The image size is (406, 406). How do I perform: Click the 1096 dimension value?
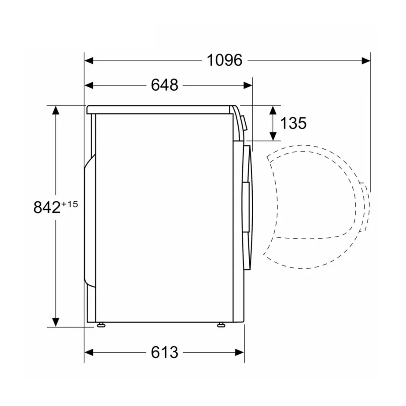click(x=225, y=60)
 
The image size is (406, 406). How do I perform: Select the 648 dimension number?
click(x=165, y=85)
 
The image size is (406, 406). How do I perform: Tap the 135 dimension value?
click(x=293, y=123)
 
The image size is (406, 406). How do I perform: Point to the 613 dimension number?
click(x=165, y=352)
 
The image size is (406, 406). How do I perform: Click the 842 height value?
click(x=47, y=207)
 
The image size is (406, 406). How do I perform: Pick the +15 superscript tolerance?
click(x=70, y=204)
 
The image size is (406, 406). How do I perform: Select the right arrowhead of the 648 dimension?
click(x=248, y=85)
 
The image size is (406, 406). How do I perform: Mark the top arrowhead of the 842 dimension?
click(x=55, y=110)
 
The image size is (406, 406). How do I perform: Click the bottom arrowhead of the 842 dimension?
click(x=55, y=322)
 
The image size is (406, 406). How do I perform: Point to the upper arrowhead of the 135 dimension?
click(x=273, y=110)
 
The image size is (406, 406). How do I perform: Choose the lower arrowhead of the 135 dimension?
click(x=273, y=136)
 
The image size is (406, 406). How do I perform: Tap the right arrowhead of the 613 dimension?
click(x=240, y=352)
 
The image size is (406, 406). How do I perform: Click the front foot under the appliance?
click(x=221, y=325)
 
